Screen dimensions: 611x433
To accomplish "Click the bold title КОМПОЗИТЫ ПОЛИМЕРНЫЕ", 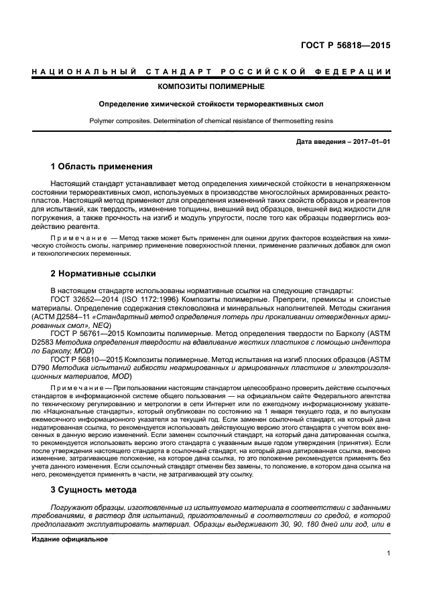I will click(210, 86).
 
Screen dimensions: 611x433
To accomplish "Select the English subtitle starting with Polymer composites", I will click(210, 121).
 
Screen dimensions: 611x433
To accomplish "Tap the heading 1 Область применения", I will click(102, 166).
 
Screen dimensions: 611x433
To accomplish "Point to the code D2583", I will click(42, 341).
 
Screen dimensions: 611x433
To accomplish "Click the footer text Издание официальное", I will click(65, 539).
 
